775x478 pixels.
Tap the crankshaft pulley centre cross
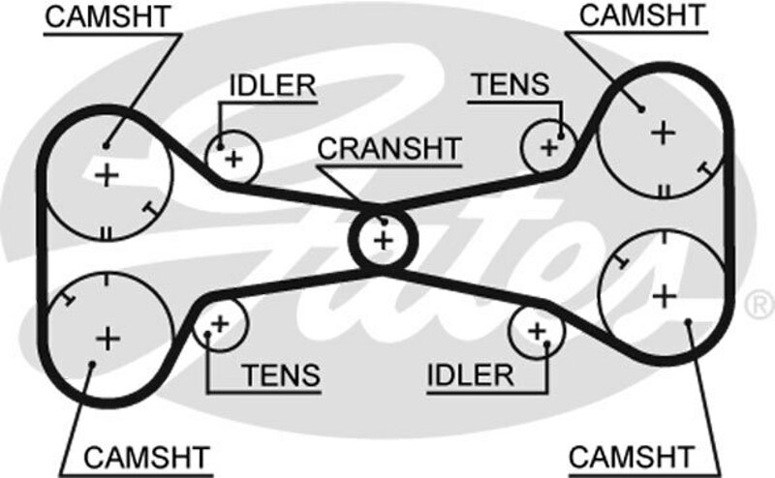(x=384, y=238)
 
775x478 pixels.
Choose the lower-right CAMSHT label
(x=632, y=455)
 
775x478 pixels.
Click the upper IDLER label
(x=272, y=85)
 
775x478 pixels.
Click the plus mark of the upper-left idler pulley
(x=232, y=157)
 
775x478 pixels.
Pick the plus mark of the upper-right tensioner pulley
(x=549, y=148)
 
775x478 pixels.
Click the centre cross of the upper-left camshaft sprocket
(x=107, y=175)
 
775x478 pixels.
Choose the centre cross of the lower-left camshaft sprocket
(x=107, y=338)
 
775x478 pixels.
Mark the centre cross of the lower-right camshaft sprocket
(x=664, y=293)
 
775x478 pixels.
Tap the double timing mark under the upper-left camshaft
(x=107, y=231)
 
